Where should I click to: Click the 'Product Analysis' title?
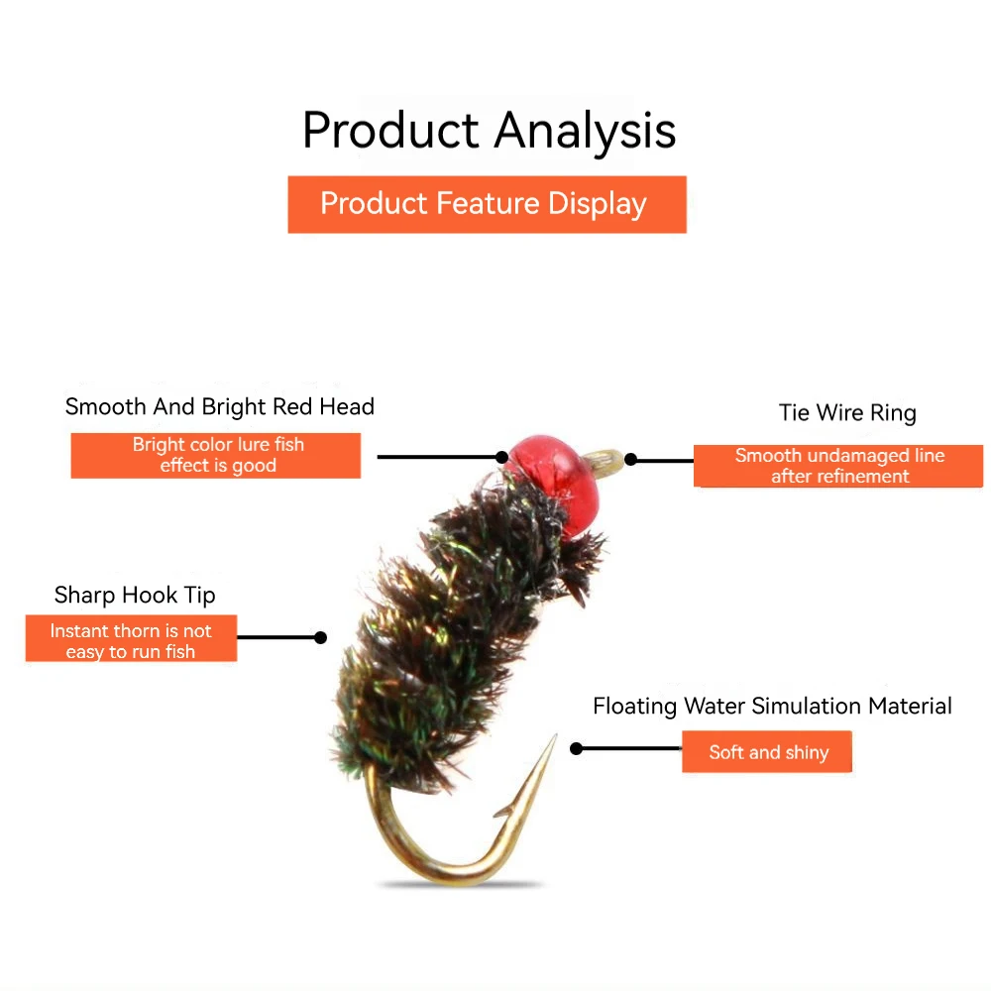490,131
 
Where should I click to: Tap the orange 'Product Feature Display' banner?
487,204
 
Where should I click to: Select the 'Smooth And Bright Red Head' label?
219,406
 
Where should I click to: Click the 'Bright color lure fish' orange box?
215,455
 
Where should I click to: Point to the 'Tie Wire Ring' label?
847,412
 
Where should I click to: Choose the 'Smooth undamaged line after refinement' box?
838,466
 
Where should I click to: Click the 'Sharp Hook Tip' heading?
135,595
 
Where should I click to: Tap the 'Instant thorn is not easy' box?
131,638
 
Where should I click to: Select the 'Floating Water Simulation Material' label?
772,706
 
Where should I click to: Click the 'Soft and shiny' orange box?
767,751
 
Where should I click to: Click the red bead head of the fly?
554,481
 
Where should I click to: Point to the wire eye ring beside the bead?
604,460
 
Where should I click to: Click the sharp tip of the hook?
556,735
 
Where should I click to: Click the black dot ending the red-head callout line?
501,457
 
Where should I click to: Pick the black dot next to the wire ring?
630,460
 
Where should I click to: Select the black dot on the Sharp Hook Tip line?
320,637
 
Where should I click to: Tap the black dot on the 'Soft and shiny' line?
576,749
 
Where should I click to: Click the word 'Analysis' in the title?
586,131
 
